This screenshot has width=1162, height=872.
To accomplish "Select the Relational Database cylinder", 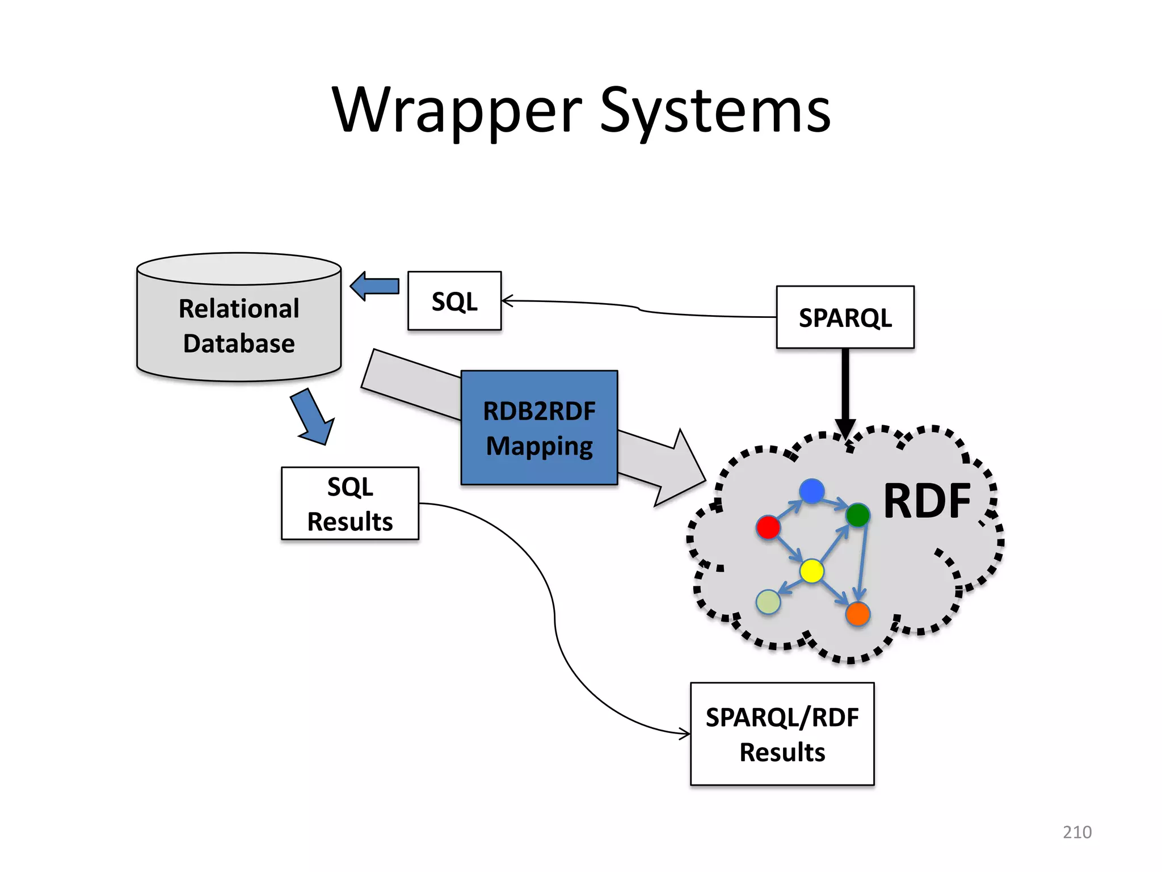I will [239, 326].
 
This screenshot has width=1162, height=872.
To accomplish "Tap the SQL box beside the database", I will [454, 301].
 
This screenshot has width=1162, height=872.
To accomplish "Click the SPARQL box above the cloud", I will [845, 317].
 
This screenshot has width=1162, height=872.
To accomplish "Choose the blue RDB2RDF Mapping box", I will [539, 427].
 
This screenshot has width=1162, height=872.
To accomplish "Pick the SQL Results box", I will [350, 504].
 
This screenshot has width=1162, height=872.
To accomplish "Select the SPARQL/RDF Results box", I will [782, 734].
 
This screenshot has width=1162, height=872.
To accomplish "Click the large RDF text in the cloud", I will [927, 501].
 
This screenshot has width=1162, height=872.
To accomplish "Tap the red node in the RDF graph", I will [768, 527].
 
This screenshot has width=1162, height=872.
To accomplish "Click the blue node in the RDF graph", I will [811, 491].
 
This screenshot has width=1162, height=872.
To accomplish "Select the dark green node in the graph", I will [857, 515].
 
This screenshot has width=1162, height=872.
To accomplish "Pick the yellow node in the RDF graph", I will [811, 571].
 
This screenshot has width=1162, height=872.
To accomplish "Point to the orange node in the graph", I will [857, 614].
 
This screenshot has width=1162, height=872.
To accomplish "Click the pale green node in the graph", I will [768, 602].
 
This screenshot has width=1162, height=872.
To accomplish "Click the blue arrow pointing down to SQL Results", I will [313, 417].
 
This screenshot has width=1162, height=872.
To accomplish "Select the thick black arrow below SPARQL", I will [845, 392].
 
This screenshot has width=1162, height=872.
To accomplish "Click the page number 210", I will [1076, 832].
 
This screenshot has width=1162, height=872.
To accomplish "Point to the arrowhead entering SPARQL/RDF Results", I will [685, 734].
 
